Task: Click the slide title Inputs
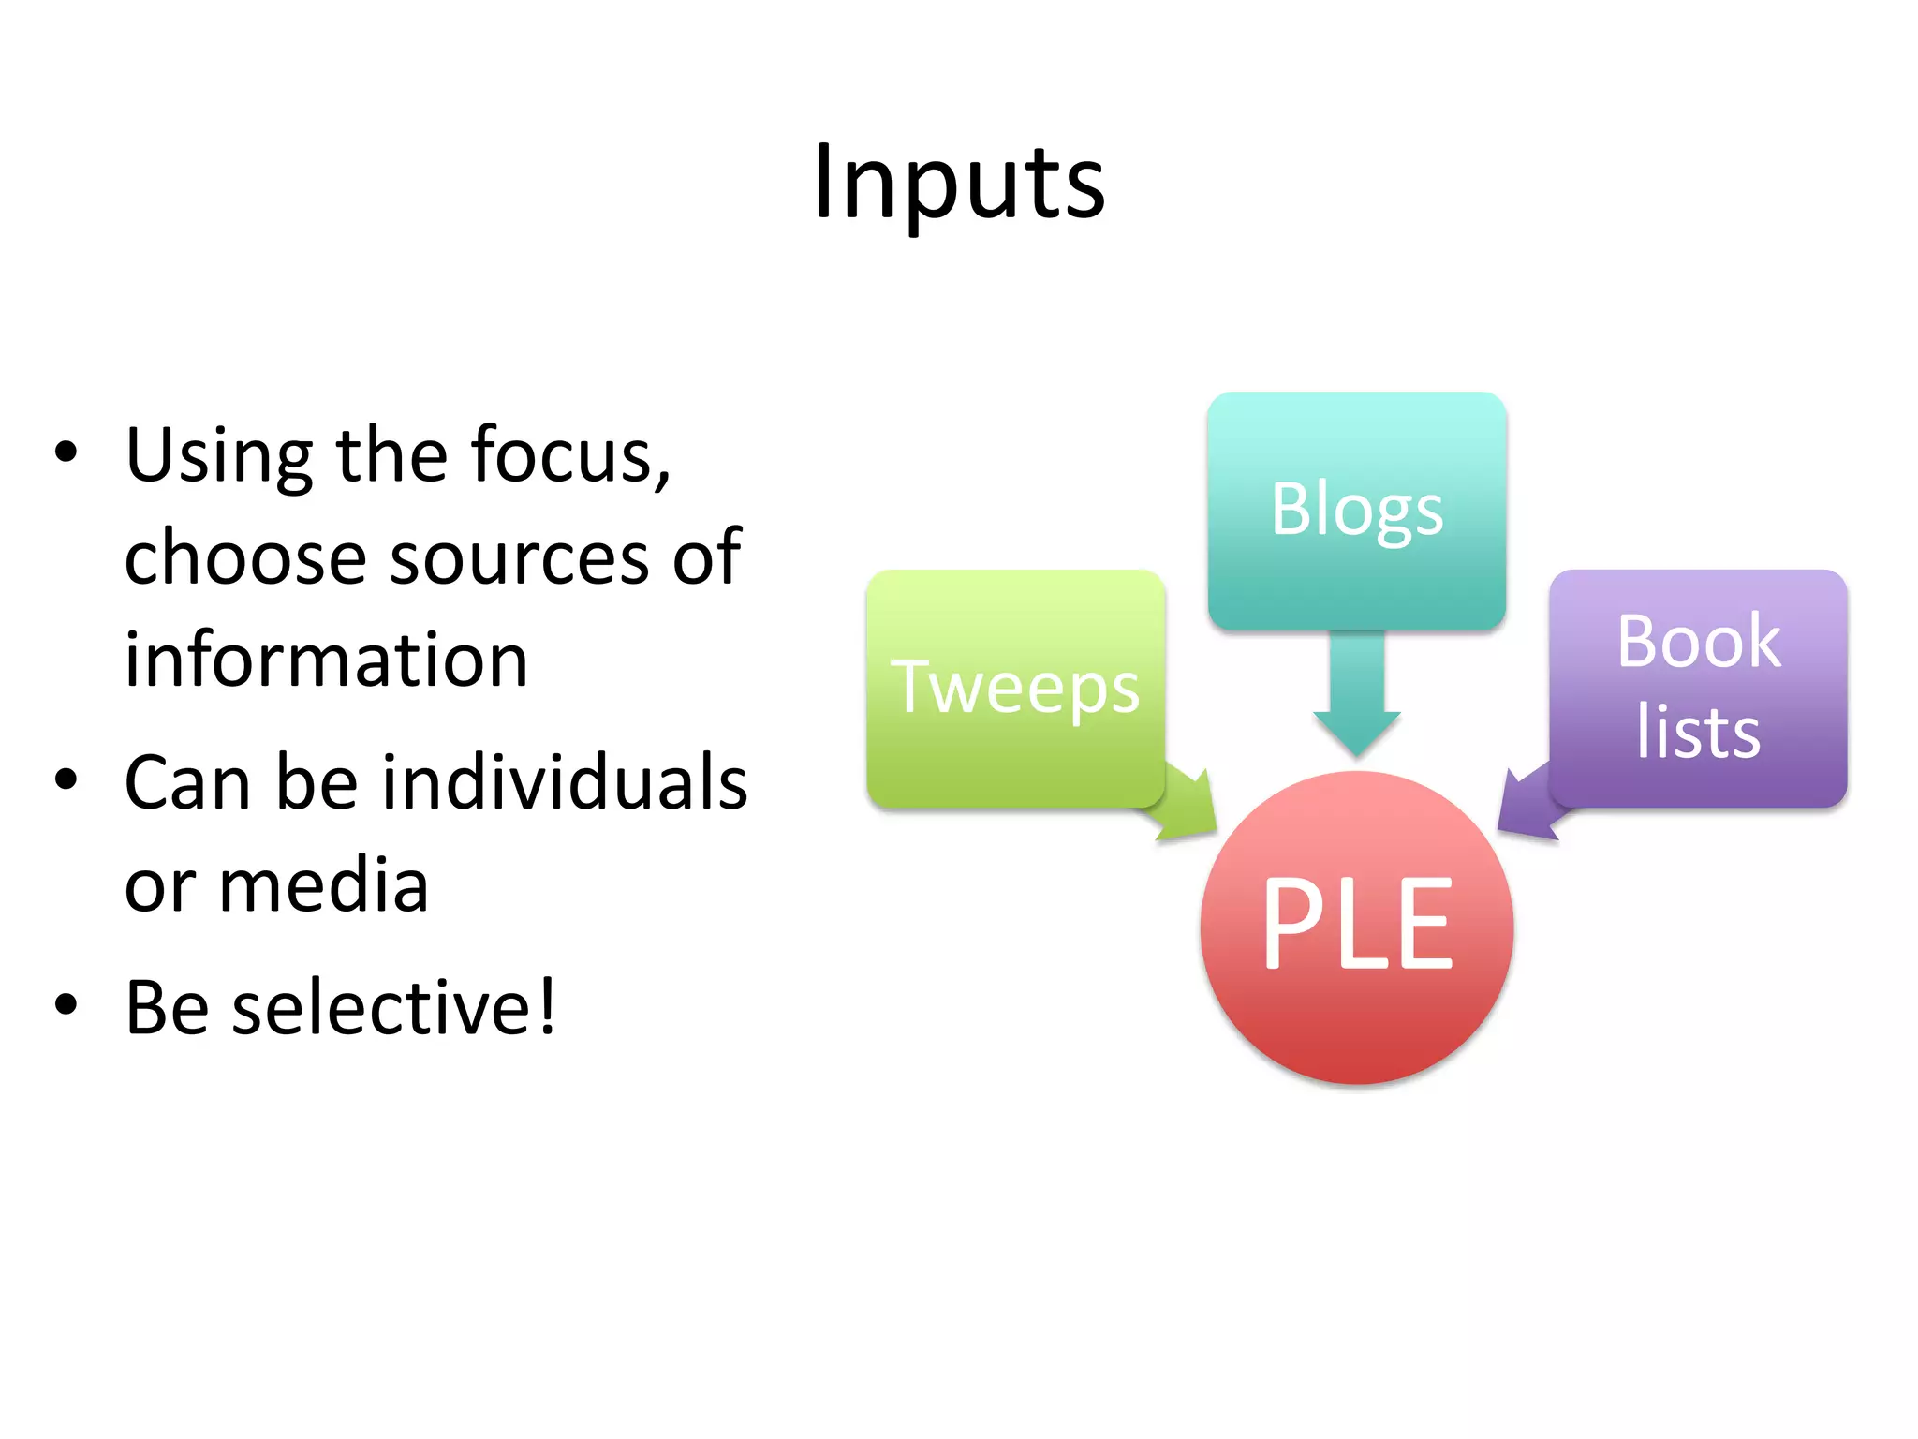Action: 959,183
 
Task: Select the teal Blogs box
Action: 1356,511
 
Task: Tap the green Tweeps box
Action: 1015,689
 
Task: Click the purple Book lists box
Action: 1698,689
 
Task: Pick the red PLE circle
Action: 1356,927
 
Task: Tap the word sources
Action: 520,559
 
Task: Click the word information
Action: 326,660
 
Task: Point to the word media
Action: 323,886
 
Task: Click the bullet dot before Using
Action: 66,452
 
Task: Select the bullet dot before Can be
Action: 66,779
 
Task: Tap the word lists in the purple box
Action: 1698,734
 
